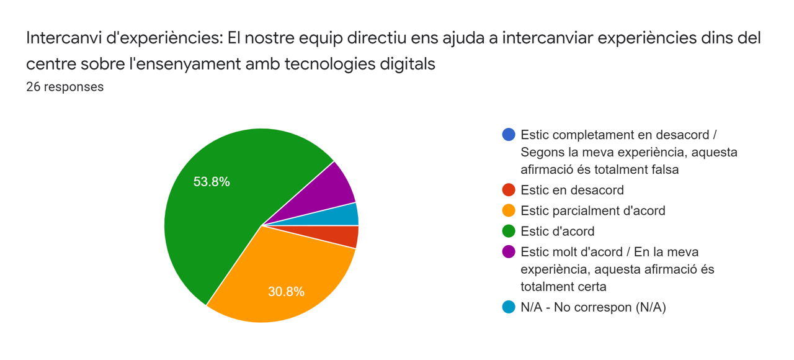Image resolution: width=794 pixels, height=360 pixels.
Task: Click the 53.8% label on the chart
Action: [x=212, y=182]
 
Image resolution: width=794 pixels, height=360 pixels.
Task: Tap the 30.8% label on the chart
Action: [x=286, y=291]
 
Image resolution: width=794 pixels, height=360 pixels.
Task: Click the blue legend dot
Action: [x=509, y=135]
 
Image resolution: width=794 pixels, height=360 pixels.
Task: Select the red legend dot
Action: [x=509, y=190]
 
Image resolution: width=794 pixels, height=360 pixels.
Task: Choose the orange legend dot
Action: [x=509, y=210]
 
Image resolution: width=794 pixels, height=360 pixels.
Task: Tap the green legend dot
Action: [x=509, y=232]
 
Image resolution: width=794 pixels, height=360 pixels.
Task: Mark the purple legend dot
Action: [x=509, y=252]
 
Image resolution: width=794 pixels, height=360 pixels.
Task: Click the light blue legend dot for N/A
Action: [x=509, y=307]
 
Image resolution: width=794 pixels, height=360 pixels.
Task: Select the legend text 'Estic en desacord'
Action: [x=572, y=190]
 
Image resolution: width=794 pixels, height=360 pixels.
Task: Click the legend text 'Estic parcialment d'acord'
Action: [x=592, y=210]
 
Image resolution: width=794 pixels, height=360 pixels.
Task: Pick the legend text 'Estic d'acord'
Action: [x=557, y=232]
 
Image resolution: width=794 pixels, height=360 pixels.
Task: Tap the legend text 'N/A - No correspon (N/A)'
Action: [x=593, y=307]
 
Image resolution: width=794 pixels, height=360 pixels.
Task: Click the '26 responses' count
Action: [x=65, y=87]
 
